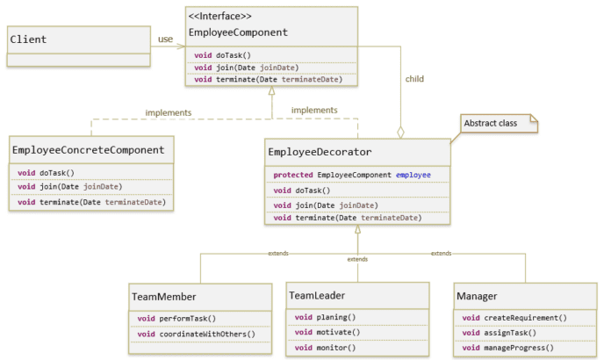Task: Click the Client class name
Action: pyautogui.click(x=28, y=40)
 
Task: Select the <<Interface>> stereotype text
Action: pyautogui.click(x=220, y=17)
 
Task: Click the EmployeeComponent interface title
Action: pyautogui.click(x=238, y=32)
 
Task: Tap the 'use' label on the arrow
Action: pyautogui.click(x=165, y=39)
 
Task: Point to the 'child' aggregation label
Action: pyautogui.click(x=413, y=78)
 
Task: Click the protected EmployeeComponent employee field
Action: pyautogui.click(x=352, y=175)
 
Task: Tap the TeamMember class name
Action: pyautogui.click(x=164, y=297)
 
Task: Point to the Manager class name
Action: pyautogui.click(x=477, y=297)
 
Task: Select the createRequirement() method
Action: pyautogui.click(x=514, y=317)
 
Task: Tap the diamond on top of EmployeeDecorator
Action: pyautogui.click(x=401, y=132)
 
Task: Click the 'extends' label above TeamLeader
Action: pyautogui.click(x=357, y=260)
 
